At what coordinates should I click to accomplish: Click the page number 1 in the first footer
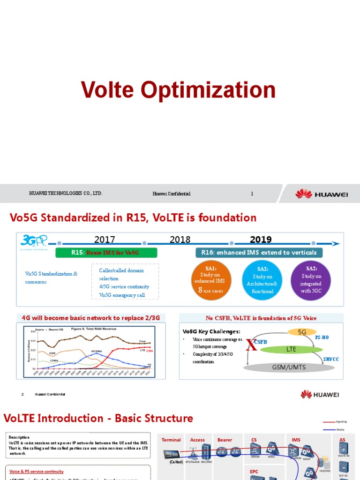[252, 194]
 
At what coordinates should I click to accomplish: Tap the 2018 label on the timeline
[180, 240]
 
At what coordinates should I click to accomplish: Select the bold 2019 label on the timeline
[261, 240]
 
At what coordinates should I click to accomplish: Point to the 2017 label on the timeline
[105, 240]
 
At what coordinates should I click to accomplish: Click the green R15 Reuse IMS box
[105, 253]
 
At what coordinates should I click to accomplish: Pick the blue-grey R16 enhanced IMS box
[259, 253]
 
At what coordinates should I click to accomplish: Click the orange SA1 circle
[212, 280]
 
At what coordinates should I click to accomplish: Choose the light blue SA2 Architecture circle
[262, 280]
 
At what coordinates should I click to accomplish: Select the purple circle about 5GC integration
[311, 280]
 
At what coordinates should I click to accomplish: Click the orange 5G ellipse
[302, 332]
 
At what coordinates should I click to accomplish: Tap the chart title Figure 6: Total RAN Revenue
[94, 329]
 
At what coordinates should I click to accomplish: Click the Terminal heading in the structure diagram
[171, 440]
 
